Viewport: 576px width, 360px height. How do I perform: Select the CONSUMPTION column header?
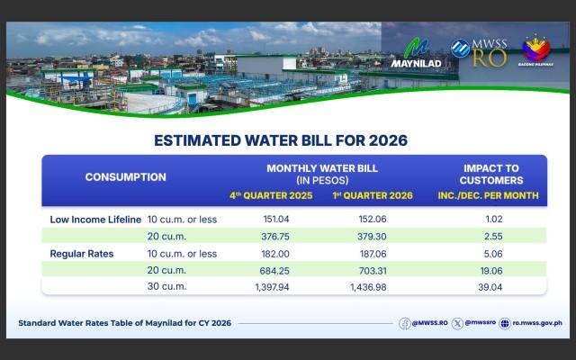[x=126, y=176]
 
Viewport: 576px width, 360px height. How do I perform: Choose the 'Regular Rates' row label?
[x=81, y=253]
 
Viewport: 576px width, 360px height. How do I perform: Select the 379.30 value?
[x=370, y=236]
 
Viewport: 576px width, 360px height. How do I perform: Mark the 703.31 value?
[x=370, y=270]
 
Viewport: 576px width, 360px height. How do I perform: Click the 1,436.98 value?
[x=370, y=287]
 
